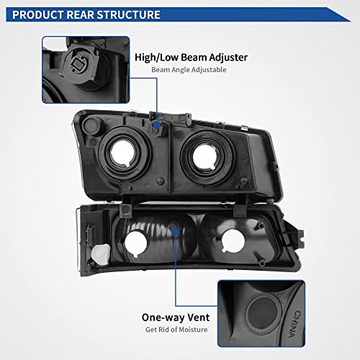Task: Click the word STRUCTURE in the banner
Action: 128,14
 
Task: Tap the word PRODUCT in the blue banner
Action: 38,14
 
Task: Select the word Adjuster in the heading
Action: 228,58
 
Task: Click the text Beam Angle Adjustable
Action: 189,70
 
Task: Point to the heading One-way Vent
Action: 176,318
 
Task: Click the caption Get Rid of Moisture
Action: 176,330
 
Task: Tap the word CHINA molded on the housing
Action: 294,324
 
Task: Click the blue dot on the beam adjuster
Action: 156,125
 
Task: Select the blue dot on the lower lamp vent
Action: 176,232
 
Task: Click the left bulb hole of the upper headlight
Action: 122,153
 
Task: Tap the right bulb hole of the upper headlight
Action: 205,156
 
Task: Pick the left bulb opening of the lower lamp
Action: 135,243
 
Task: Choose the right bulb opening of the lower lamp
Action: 233,240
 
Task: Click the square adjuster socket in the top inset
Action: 77,63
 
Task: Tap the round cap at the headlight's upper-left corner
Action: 91,126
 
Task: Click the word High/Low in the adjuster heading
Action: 157,58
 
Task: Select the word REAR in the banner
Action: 80,14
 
